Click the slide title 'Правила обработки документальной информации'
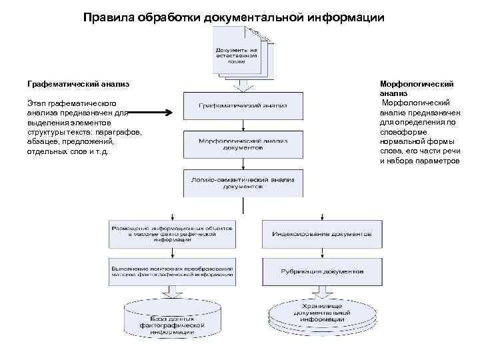pos(234,16)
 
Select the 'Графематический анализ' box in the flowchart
pos(243,105)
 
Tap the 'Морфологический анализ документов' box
pos(243,144)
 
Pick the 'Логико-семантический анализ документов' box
pos(243,183)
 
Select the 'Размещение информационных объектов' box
pos(172,234)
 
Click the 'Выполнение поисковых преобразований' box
pos(172,272)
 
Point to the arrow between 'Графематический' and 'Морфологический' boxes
pos(243,124)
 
